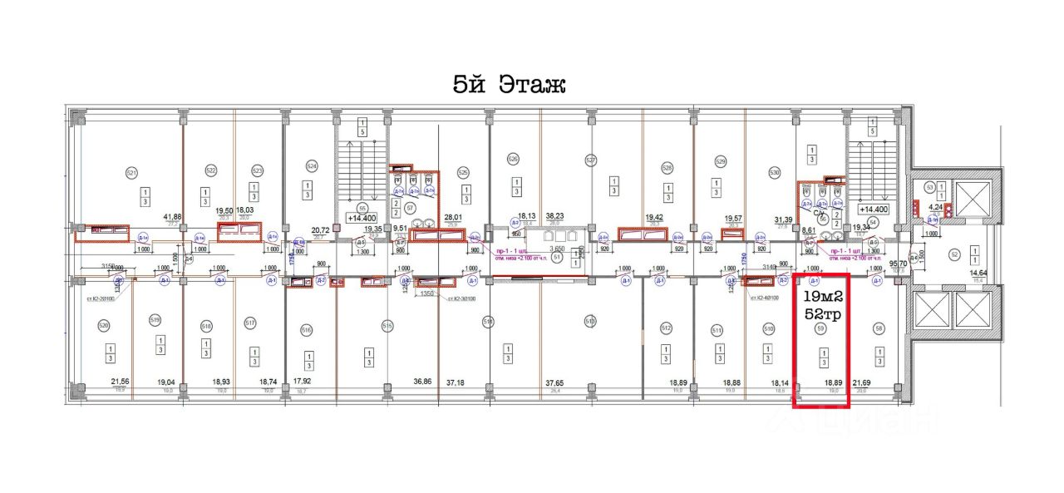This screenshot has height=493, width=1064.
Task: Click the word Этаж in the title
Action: coord(532,84)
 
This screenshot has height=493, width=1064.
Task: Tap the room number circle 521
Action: coord(131,173)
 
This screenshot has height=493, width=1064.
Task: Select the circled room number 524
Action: coord(312,165)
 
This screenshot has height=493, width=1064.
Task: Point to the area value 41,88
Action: coord(173,217)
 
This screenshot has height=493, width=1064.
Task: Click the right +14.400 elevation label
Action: coord(874,210)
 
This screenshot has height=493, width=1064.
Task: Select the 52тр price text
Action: coord(822,313)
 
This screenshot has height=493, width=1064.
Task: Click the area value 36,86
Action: coord(422,382)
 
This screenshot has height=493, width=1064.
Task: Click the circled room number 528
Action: coord(667,167)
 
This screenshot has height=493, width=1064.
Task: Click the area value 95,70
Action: coord(898,264)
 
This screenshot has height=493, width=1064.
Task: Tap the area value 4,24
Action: coord(936,208)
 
